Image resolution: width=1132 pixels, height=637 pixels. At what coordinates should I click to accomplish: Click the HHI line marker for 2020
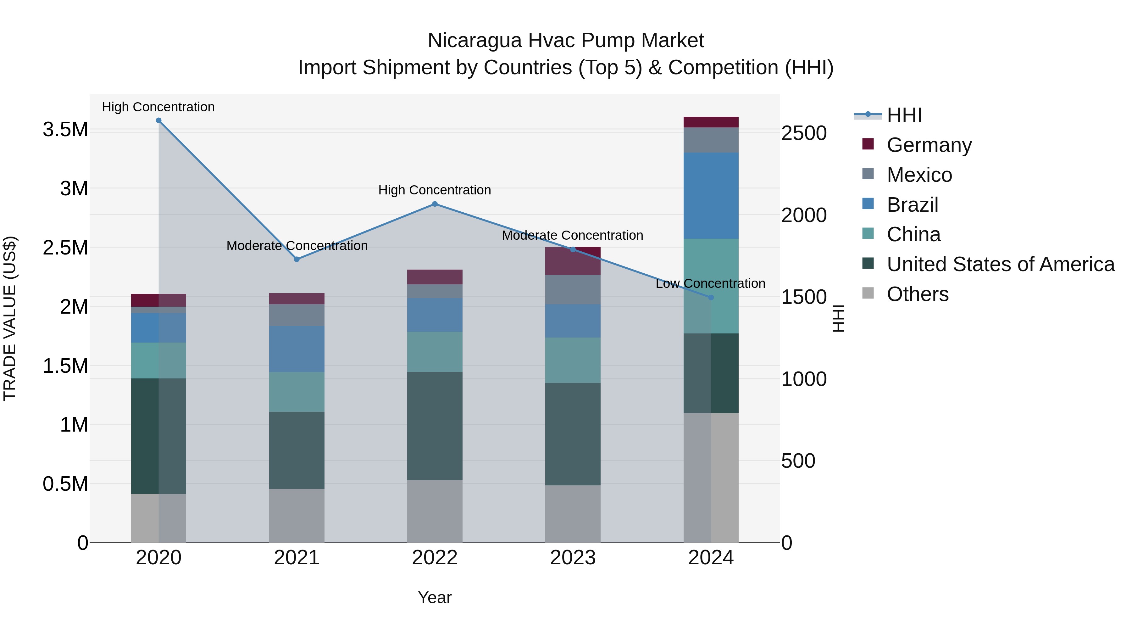tap(159, 120)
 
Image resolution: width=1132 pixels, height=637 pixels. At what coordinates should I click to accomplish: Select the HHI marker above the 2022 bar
tap(435, 204)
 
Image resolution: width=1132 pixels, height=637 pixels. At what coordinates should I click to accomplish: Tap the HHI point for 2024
tap(711, 298)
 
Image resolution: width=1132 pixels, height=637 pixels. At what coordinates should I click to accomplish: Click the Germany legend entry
tap(929, 145)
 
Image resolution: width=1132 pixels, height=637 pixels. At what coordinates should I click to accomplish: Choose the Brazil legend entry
tap(912, 205)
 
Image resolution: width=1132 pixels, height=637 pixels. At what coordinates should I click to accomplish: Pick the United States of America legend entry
tap(1000, 264)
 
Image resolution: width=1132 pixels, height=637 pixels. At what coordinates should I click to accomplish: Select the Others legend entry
tap(917, 294)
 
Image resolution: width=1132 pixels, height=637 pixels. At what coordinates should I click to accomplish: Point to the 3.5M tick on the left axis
tap(65, 130)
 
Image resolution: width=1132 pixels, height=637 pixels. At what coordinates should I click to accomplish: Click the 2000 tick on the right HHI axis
tap(804, 215)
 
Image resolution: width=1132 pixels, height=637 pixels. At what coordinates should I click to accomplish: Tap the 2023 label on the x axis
tap(573, 558)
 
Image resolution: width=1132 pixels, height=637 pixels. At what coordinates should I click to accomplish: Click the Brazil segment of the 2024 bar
tap(711, 196)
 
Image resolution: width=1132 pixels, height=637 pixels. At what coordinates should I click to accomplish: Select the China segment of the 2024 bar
tap(711, 286)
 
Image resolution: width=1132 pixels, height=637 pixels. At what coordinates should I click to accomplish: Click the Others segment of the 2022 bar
tap(435, 511)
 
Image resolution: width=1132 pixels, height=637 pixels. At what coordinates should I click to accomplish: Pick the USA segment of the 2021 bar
tap(297, 450)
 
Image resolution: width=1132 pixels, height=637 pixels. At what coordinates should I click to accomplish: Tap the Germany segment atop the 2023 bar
tap(573, 261)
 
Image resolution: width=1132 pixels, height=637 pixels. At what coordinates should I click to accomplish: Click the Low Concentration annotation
tap(710, 283)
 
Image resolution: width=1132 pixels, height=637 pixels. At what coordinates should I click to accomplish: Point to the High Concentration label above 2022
tap(435, 190)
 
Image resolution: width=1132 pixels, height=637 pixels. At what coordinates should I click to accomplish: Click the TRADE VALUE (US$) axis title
tap(10, 318)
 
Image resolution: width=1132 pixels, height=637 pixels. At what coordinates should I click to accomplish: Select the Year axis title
tap(435, 597)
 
